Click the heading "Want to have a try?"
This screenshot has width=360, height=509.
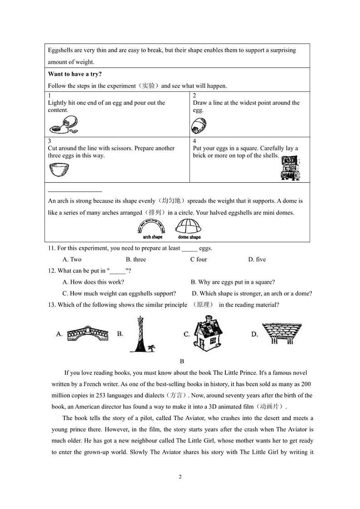point(75,74)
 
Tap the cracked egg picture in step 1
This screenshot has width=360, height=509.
point(64,124)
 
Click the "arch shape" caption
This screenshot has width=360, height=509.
point(152,237)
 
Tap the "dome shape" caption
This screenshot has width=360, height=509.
point(189,237)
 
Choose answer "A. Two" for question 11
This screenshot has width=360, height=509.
point(72,259)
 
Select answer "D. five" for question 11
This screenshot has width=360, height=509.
point(257,259)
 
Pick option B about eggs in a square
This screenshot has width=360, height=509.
point(233,282)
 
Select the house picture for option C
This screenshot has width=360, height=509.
point(209,334)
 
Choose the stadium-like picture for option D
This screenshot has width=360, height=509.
point(282,333)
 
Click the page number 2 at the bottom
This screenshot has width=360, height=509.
point(180,476)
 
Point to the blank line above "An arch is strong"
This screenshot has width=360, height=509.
point(75,191)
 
